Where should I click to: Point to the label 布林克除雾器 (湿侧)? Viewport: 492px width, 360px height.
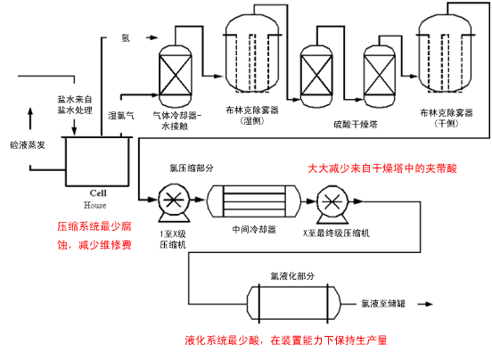(252, 116)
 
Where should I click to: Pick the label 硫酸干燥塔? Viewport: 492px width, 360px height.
(356, 125)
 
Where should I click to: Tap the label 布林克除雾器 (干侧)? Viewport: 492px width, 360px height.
(447, 118)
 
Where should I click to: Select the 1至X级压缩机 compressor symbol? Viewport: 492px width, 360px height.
(174, 202)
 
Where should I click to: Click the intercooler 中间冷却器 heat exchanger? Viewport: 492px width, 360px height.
(253, 201)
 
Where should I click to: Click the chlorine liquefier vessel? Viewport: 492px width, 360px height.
(294, 303)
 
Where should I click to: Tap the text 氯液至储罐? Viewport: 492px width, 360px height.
(383, 304)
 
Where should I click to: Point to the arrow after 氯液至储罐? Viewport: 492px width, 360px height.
(425, 304)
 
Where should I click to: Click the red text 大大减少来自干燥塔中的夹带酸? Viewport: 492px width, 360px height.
(382, 168)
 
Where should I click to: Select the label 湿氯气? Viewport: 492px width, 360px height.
(121, 116)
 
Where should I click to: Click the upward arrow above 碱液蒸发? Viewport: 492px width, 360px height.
(30, 119)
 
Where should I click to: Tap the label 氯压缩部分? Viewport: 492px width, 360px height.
(192, 168)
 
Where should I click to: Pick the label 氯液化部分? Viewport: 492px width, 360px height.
(292, 276)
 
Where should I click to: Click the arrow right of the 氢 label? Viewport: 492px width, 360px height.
(152, 37)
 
